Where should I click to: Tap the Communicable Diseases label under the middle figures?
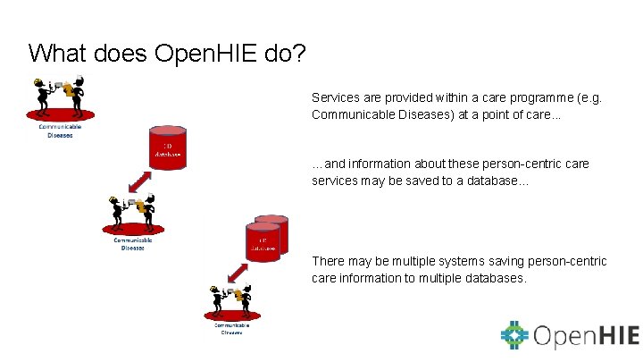tap(132, 243)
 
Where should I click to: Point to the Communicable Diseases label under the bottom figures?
tap(232, 328)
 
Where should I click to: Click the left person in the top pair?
tap(40, 97)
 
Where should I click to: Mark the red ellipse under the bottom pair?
tap(232, 314)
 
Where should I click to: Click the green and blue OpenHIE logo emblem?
tap(514, 335)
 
